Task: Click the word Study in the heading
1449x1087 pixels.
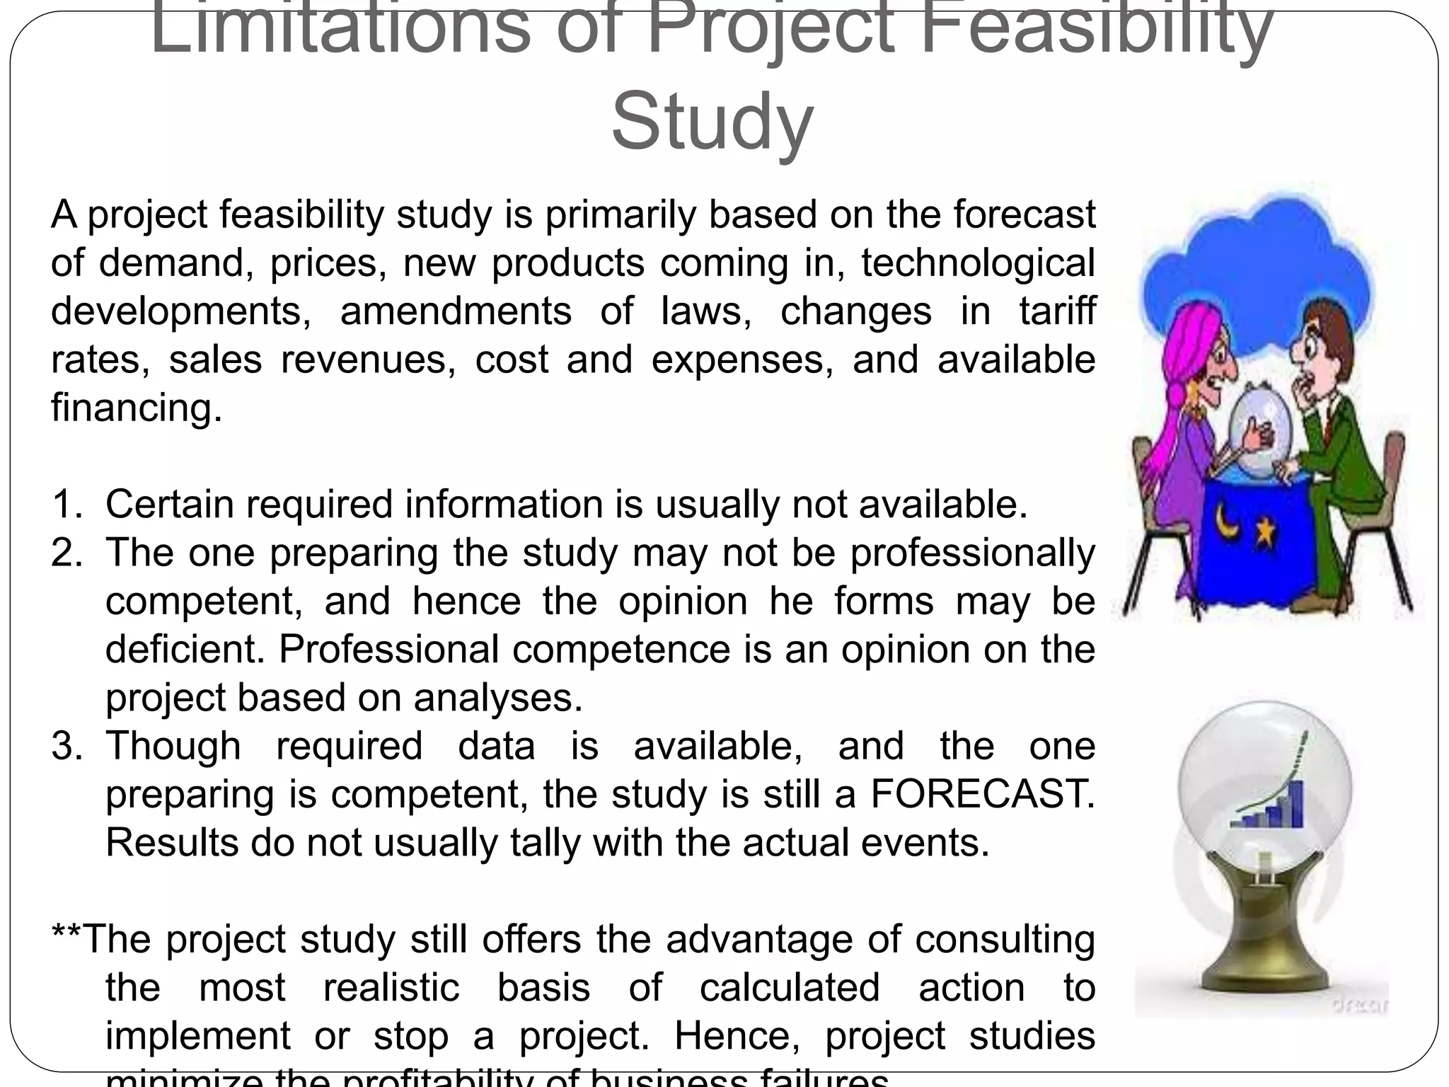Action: coord(712,122)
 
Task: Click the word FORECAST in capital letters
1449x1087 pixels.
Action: coord(982,794)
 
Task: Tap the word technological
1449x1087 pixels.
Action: coord(978,263)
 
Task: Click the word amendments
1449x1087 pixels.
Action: coord(455,311)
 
